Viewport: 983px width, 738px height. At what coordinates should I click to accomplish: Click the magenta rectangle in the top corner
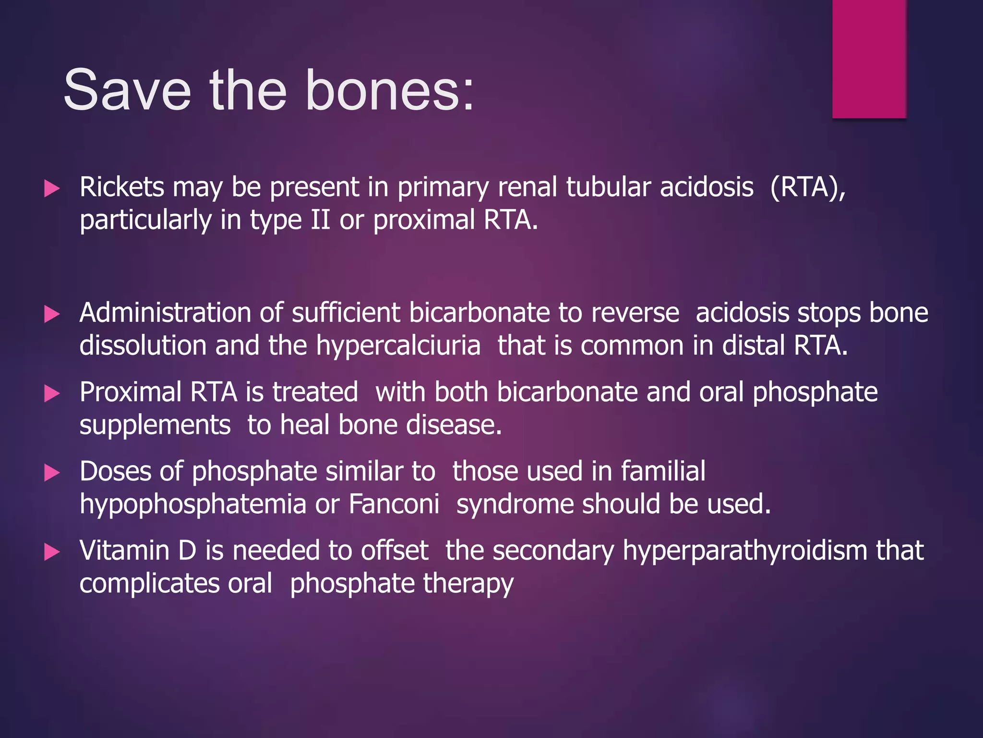[x=869, y=59]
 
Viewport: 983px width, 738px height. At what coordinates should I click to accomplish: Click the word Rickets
[x=122, y=187]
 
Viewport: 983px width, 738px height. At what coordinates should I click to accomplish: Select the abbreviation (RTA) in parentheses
[x=807, y=187]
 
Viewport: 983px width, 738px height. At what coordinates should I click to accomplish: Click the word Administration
[x=165, y=313]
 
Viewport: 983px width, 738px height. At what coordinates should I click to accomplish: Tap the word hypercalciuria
[x=398, y=346]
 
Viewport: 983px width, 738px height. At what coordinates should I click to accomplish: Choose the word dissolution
[x=143, y=346]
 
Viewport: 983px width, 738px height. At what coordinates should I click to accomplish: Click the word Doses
[x=115, y=471]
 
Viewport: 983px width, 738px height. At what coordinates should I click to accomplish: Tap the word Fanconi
[x=394, y=504]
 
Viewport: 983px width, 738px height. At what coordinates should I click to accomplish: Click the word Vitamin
[x=124, y=551]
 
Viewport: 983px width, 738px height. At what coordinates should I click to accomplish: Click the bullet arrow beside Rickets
[x=51, y=188]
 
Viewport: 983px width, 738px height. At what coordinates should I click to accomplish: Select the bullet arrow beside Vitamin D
[x=51, y=552]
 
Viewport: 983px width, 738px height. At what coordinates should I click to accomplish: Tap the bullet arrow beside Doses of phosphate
[x=51, y=473]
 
